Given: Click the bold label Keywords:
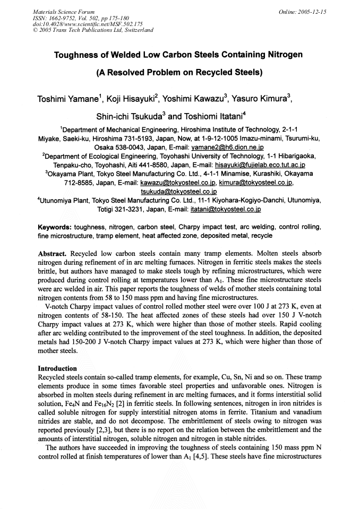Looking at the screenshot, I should point(56,227).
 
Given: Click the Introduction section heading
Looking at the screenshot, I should point(57,368).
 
